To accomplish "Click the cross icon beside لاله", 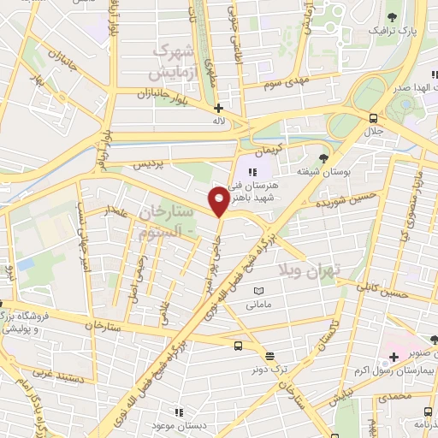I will point(219,108).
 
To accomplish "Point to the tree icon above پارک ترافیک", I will point(392,16).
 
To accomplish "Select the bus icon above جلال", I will point(373,118).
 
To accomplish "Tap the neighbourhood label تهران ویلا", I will point(309,269).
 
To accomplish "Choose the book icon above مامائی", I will point(257,292).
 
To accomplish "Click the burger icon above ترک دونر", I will point(270,356).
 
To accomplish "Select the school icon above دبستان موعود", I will point(178,411).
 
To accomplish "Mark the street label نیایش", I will point(340,396).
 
